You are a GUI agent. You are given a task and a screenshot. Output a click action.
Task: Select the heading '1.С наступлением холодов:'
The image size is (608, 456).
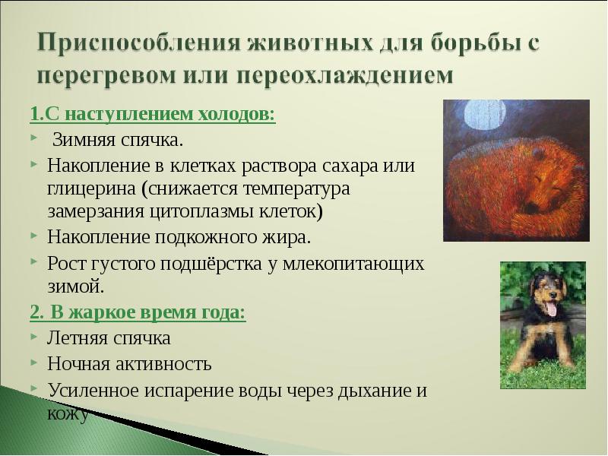click(152, 116)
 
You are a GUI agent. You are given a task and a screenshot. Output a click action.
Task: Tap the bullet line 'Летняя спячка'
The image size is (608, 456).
click(109, 338)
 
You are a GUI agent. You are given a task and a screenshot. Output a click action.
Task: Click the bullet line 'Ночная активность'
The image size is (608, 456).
click(129, 364)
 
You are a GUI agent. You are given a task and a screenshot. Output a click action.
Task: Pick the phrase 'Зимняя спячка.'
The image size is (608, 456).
click(118, 140)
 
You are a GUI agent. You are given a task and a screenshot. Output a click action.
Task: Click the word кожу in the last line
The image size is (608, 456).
click(68, 414)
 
